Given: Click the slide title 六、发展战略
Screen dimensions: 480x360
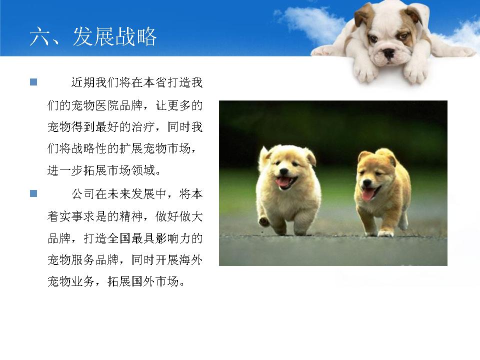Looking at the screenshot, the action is click(x=93, y=36).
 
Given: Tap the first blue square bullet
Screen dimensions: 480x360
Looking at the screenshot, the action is click(x=33, y=82).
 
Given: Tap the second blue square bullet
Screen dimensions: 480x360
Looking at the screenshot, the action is click(x=33, y=193).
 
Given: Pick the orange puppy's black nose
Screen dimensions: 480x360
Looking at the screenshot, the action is click(x=367, y=183).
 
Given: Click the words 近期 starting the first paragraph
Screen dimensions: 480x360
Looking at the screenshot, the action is click(x=83, y=82).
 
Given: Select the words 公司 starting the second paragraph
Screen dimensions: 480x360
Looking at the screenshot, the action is click(x=83, y=194).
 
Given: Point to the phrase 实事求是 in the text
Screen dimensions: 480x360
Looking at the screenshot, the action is click(x=83, y=216).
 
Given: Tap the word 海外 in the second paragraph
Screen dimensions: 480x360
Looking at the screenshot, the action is click(x=191, y=260).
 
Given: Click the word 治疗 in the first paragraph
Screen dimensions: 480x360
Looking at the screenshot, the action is click(x=143, y=126).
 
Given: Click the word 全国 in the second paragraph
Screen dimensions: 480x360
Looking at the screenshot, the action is click(x=119, y=238).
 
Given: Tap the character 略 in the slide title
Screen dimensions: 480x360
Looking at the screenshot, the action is click(x=146, y=36).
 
